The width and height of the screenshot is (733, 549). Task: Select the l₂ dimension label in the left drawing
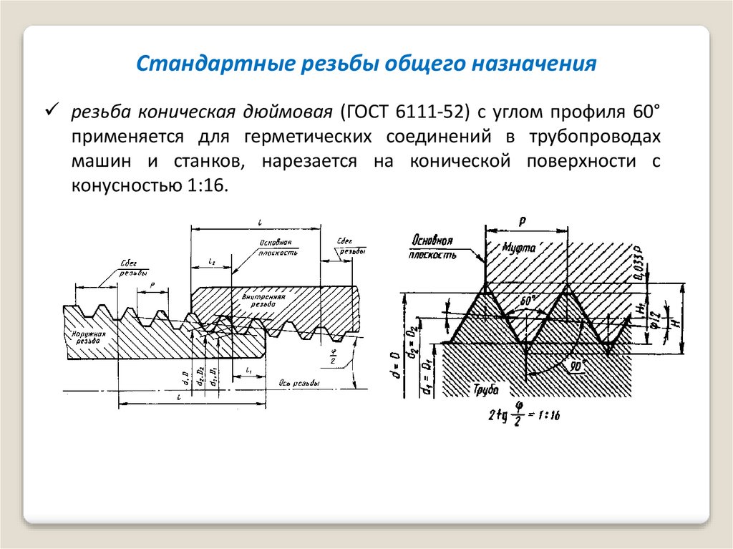(x=212, y=263)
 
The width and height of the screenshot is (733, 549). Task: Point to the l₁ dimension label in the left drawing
(x=248, y=369)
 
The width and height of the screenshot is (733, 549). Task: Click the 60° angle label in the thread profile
(x=528, y=302)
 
